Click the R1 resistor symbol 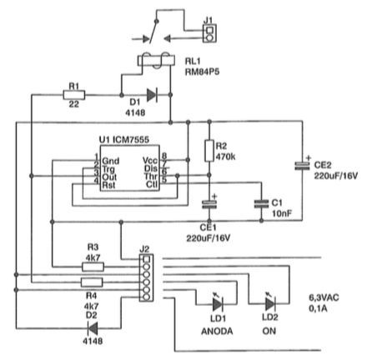(74, 95)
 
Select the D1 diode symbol (152, 95)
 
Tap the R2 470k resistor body (209, 151)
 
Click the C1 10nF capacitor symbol (261, 204)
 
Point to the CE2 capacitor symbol (302, 166)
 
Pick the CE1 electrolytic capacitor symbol (209, 204)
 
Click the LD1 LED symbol (218, 303)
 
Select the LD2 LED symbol (270, 303)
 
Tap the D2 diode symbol (93, 327)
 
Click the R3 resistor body (93, 267)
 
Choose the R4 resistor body (92, 282)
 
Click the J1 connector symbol (209, 33)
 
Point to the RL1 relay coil (156, 61)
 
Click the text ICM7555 (131, 140)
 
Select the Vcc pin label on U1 (149, 160)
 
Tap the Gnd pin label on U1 (111, 161)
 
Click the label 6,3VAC (324, 297)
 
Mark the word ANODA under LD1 (217, 331)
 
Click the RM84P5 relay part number (202, 72)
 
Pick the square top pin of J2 (146, 259)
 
